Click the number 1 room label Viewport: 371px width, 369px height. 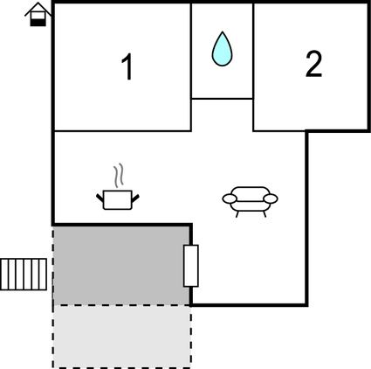coord(127,66)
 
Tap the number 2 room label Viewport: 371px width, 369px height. coord(313,64)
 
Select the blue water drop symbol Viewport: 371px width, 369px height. coord(222,49)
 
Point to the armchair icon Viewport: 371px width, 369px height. coord(250,202)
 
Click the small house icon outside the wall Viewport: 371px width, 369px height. coord(38,14)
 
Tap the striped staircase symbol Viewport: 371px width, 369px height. coord(24,275)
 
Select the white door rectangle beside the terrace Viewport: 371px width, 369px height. coord(191,266)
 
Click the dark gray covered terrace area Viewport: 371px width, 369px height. coord(121,266)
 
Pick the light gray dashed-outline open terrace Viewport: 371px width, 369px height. coord(121,336)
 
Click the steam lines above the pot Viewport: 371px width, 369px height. coord(119,176)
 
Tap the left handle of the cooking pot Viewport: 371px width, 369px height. coord(100,198)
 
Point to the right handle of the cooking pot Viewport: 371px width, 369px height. coord(135,198)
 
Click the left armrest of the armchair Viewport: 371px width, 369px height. coord(230,198)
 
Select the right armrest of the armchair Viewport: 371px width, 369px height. coord(271,198)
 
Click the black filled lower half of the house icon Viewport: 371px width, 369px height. coord(38,23)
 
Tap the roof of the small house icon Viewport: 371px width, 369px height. coord(38,8)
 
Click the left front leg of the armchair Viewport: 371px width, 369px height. coord(237,214)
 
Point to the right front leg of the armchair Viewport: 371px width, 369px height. coord(265,214)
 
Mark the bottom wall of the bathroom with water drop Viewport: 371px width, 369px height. coord(222,99)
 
